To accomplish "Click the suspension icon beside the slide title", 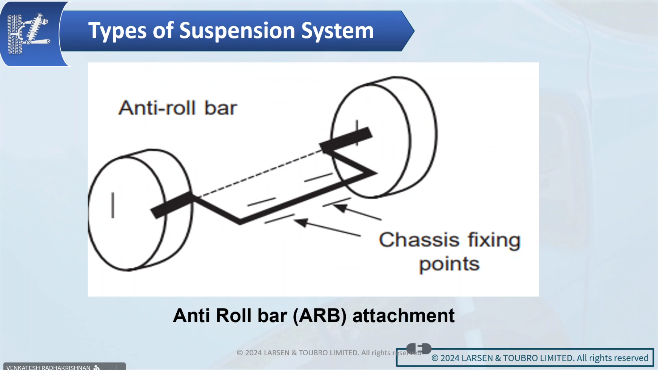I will (x=28, y=34).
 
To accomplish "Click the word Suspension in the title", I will (x=237, y=31).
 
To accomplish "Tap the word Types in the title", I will (x=117, y=31).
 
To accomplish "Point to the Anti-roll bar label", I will (x=177, y=108).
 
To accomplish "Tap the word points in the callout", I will (x=449, y=264).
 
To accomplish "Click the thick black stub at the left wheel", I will (x=172, y=206).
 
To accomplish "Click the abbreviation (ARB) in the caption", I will (x=319, y=316).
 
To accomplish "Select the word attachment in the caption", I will (x=403, y=316).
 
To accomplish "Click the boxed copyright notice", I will (x=539, y=358).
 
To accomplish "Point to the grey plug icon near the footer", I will (x=419, y=348).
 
